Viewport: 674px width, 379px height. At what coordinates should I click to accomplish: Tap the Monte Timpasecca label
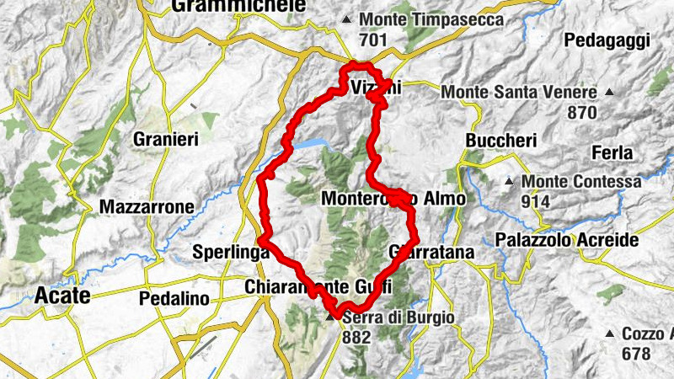pyautogui.click(x=431, y=19)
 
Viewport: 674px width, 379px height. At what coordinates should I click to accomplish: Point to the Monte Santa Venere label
pyautogui.click(x=519, y=91)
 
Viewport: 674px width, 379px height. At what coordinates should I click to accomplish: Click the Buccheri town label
pyautogui.click(x=500, y=141)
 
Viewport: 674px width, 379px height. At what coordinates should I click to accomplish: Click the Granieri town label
pyautogui.click(x=164, y=141)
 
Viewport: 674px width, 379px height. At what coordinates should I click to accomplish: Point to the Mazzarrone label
pyautogui.click(x=147, y=206)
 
